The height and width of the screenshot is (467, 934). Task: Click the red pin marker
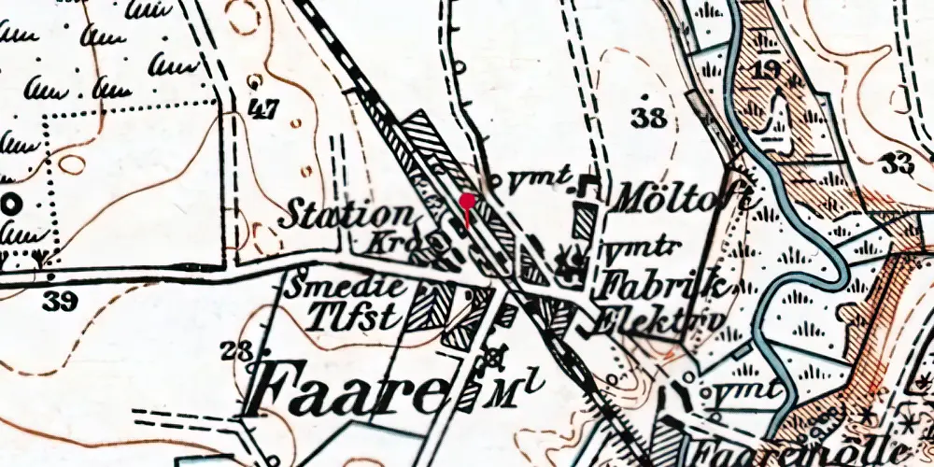[x=467, y=202]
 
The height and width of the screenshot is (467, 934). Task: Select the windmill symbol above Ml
[x=495, y=357]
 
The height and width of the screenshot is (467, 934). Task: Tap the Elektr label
[x=658, y=318]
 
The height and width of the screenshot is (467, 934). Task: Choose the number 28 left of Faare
[x=235, y=351]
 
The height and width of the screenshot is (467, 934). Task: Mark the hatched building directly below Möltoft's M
[x=585, y=223]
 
